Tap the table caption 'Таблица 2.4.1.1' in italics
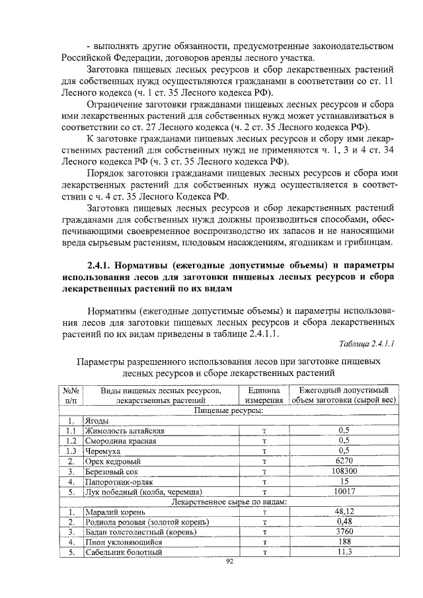click(366, 344)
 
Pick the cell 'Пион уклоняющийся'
click(120, 542)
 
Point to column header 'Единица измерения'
click(264, 395)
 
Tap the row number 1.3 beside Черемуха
click(72, 451)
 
